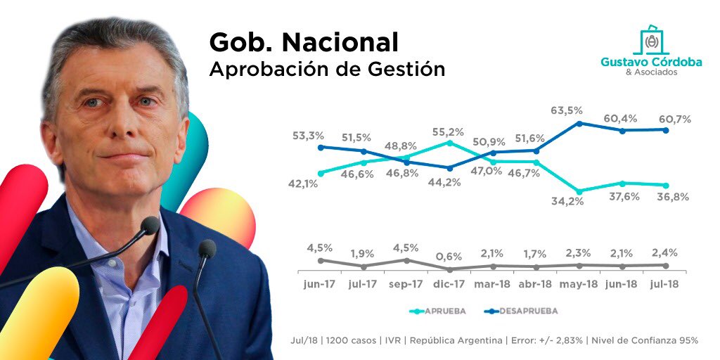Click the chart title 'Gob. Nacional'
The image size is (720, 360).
tap(304, 43)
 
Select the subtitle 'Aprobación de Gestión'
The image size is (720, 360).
tap(327, 70)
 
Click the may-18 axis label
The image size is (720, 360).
tap(579, 284)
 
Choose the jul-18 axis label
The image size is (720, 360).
tap(666, 284)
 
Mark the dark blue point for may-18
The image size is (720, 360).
tap(579, 123)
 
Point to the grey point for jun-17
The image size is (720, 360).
tap(321, 260)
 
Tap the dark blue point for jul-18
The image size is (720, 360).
tap(666, 129)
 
